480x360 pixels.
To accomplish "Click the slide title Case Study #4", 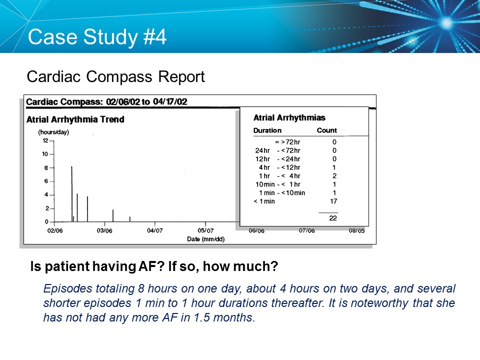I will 97,37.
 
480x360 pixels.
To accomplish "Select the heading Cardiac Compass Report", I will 115,77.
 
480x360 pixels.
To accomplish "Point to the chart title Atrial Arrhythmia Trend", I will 75,119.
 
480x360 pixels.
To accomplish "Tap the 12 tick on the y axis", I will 45,141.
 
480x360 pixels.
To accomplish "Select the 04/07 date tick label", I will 155,230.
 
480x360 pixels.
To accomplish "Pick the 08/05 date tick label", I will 357,230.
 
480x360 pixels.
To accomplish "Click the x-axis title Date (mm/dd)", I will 205,239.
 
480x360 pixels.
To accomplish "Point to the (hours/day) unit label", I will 53,132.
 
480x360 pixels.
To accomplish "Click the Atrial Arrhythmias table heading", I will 289,118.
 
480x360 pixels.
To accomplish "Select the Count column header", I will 327,130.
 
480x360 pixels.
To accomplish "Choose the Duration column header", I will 267,130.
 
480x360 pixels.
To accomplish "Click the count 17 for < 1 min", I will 333,201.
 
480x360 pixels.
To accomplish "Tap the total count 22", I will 333,218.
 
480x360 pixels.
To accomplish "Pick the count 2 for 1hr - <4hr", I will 334,176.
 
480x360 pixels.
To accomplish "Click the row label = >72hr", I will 287,142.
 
